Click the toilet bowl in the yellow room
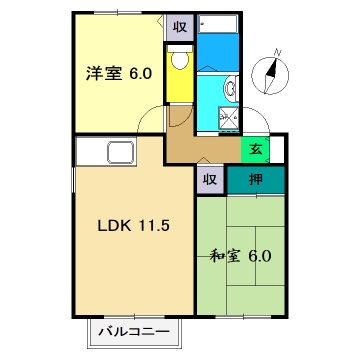point(180,62)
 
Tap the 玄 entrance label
point(256,151)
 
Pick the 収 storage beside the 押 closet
point(209,180)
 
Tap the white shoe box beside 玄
point(277,151)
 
